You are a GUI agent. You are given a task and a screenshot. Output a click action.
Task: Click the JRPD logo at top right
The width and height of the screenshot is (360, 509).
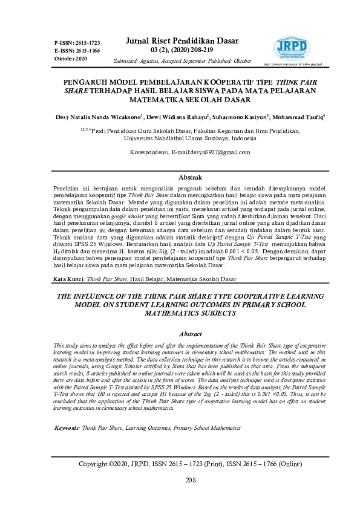[292, 46]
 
